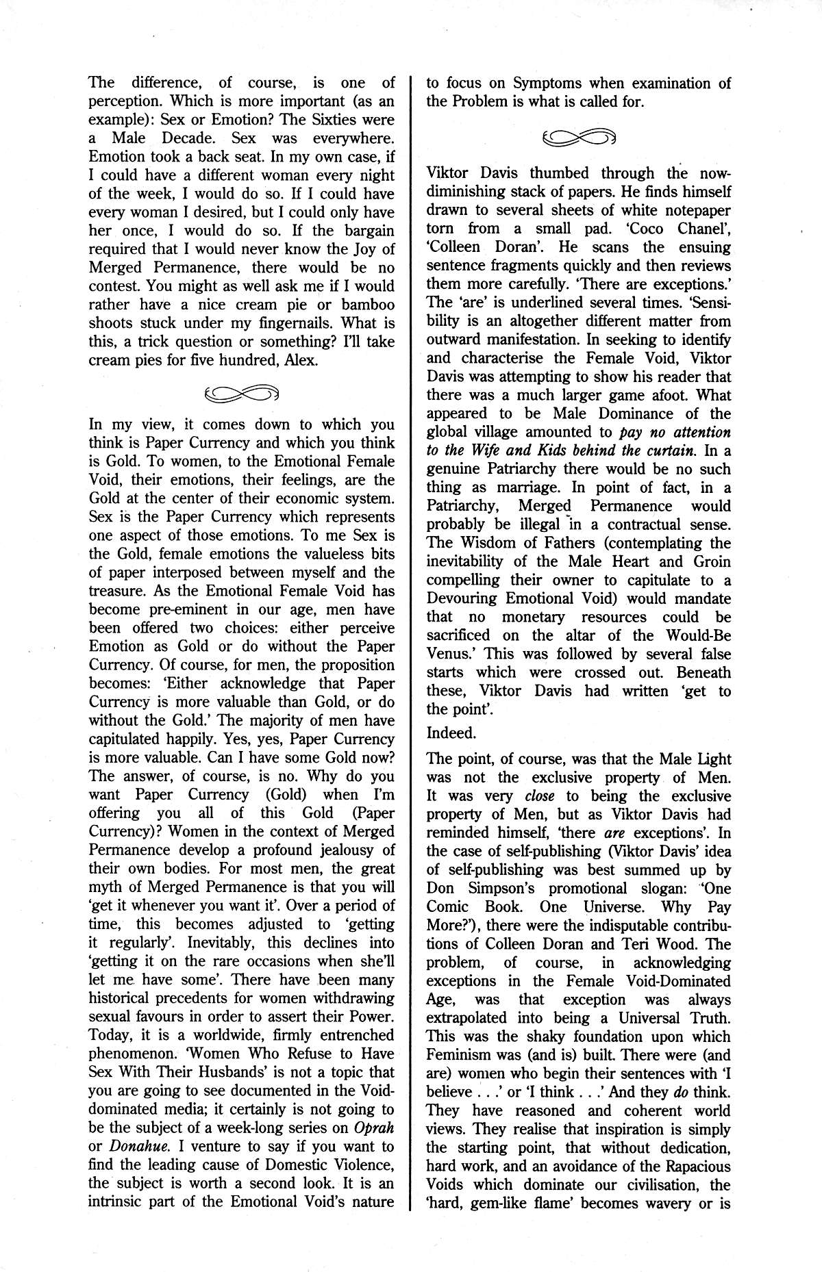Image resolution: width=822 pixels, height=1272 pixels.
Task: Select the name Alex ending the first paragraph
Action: tap(298, 359)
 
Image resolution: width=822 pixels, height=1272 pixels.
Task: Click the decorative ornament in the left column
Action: tap(242, 392)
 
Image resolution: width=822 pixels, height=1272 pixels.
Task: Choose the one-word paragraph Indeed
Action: tap(450, 733)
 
